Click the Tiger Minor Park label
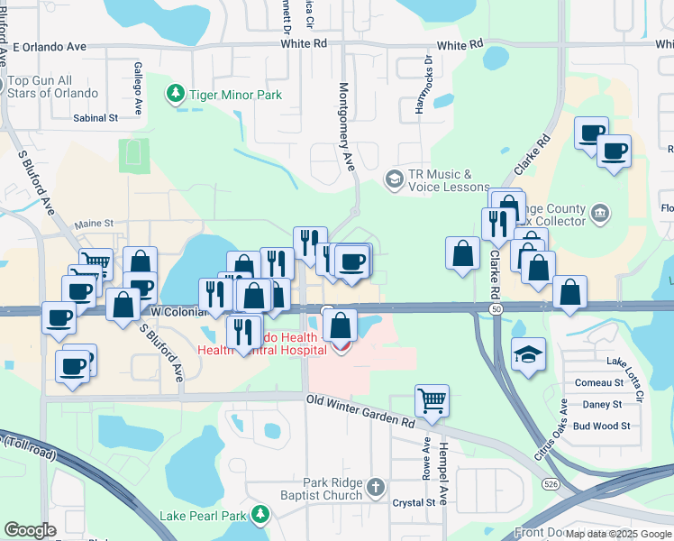point(235,95)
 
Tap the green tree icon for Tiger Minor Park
point(175,94)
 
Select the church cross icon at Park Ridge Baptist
point(377,489)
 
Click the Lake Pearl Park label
point(203,516)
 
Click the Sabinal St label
point(96,117)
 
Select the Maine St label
point(94,223)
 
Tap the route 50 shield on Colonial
point(496,308)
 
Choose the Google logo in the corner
point(30,530)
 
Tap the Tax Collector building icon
point(599,215)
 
